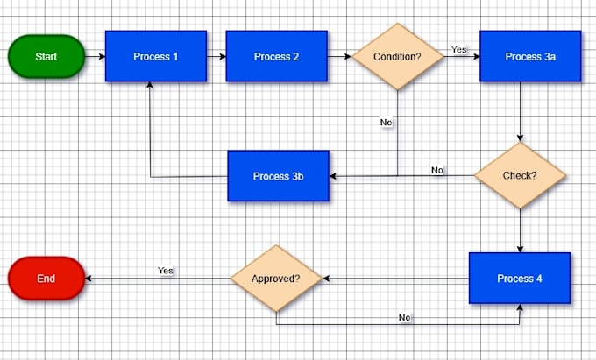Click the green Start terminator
tap(46, 56)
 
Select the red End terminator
tap(46, 279)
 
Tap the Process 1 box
tap(156, 56)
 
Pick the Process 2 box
tap(276, 56)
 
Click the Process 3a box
tap(530, 56)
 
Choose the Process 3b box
tap(278, 176)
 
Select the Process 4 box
tap(520, 278)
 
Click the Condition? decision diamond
tap(398, 56)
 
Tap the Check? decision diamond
tap(520, 175)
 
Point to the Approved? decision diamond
tap(276, 279)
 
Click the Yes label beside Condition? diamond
tap(458, 49)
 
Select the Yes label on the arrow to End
tap(166, 271)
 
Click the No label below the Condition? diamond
tap(386, 123)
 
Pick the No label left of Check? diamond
tap(437, 170)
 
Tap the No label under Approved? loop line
tap(404, 317)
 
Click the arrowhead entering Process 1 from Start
tap(102, 56)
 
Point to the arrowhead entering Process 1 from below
tap(150, 85)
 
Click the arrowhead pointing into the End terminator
tap(89, 279)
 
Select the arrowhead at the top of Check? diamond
tap(520, 138)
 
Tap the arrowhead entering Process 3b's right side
tap(332, 176)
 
